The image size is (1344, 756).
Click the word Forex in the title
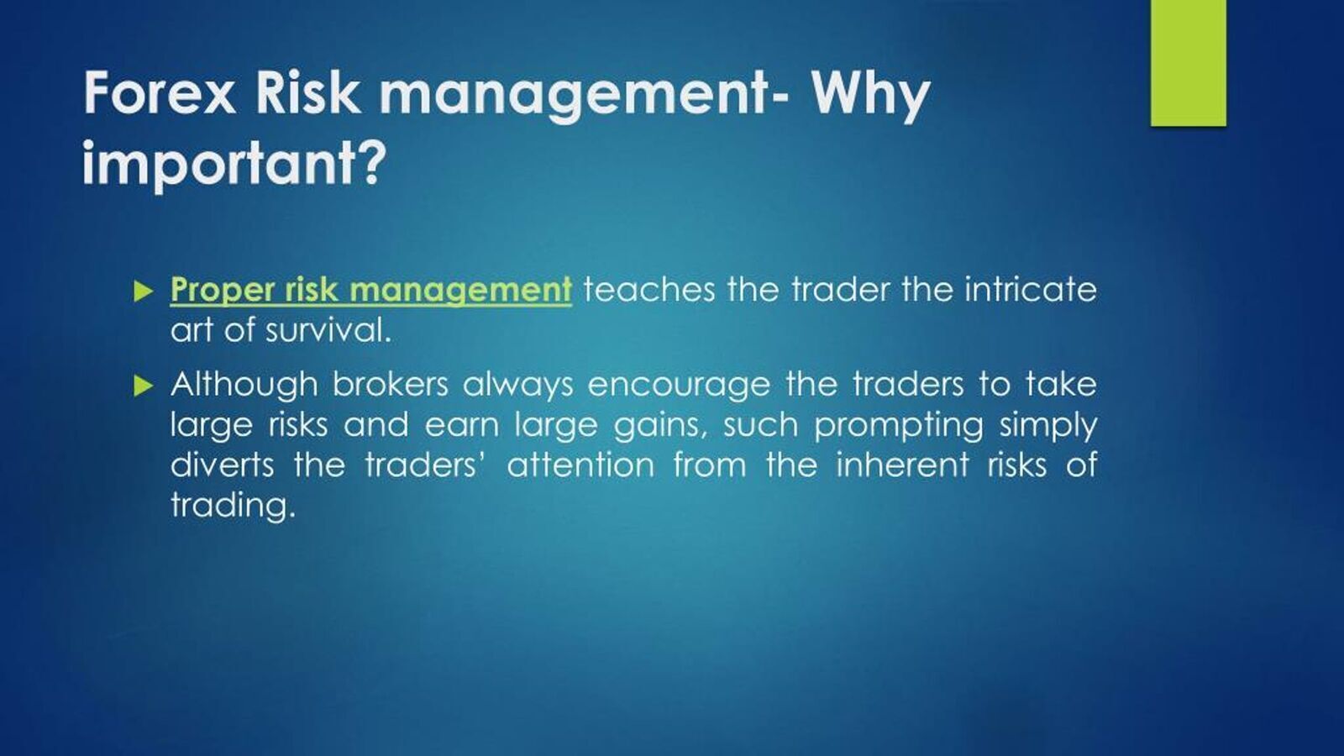pos(160,92)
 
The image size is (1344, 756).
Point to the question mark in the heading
pos(366,160)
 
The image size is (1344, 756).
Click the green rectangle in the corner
pos(1188,63)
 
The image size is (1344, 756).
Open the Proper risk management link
pos(370,291)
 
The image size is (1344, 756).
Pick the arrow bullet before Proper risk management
pos(144,291)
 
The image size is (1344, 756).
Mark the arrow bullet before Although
pos(144,386)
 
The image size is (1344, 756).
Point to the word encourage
pos(679,386)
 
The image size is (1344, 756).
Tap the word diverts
pos(222,465)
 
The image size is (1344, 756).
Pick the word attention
pos(580,465)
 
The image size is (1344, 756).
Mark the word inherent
pos(902,465)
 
